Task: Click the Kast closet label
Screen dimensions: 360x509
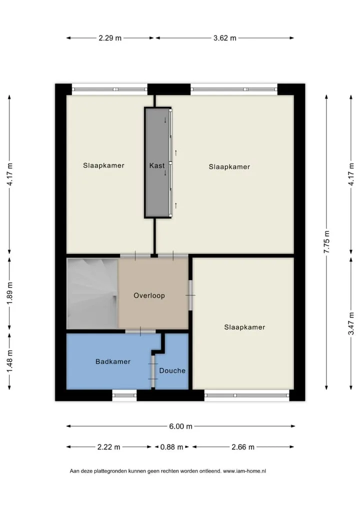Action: pos(157,165)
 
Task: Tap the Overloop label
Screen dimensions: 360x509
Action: pos(149,295)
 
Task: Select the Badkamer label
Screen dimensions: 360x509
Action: pos(113,361)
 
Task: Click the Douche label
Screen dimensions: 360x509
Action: pos(172,370)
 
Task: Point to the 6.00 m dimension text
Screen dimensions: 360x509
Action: pos(180,426)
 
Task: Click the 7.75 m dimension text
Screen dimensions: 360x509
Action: pos(326,242)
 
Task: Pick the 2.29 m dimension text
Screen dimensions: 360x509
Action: pos(110,38)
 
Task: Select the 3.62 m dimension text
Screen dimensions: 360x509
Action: pos(224,38)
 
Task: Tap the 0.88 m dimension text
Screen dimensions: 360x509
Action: pos(171,447)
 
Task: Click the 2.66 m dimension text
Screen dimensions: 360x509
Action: pos(243,447)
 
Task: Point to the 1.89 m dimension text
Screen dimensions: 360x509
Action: pos(9,293)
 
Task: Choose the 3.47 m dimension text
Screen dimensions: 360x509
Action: pos(351,323)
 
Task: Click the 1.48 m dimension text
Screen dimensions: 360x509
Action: pos(9,361)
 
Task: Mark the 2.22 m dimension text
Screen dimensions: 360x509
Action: pos(108,447)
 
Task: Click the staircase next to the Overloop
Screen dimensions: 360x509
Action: pos(92,293)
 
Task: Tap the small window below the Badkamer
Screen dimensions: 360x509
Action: pos(124,395)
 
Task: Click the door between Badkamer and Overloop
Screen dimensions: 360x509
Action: pos(140,331)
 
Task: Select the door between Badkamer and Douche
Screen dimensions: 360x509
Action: pos(153,371)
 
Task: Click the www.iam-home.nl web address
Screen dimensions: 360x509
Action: pos(244,471)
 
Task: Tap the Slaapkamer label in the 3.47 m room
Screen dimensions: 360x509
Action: pos(244,327)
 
